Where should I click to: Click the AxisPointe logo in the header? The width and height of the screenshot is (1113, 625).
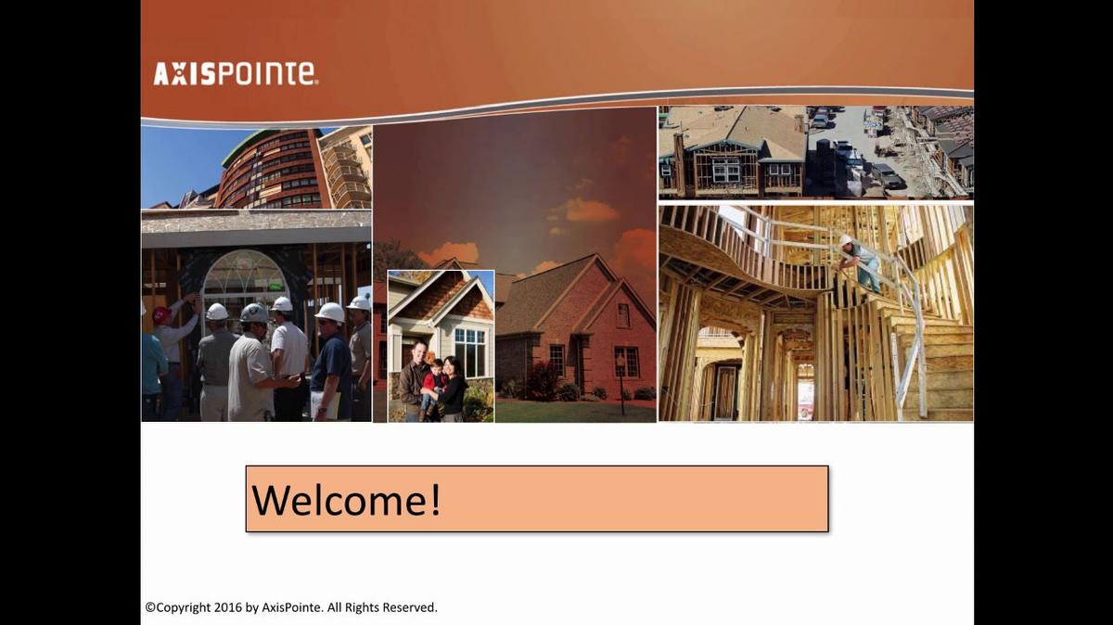point(235,74)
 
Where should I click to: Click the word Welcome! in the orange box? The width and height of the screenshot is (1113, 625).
point(346,500)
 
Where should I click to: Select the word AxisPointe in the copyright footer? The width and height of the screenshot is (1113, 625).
point(291,607)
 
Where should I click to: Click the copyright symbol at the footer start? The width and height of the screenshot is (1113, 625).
point(149,607)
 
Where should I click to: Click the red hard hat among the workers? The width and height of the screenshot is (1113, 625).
point(161,315)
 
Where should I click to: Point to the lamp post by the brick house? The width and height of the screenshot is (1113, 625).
point(620,380)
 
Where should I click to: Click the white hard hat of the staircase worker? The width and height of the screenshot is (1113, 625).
point(845,240)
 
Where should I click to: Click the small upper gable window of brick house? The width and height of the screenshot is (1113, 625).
point(622,314)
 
